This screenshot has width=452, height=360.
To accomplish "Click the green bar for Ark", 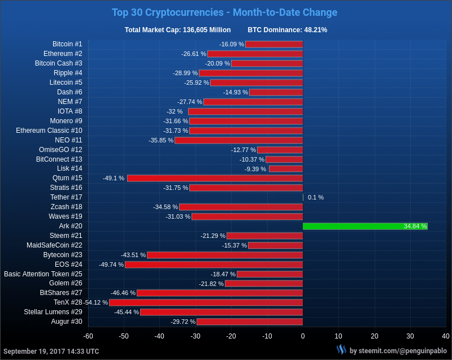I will tap(365, 226).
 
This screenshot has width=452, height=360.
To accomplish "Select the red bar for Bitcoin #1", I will tap(274, 44).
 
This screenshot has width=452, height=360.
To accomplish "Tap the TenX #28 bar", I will tap(206, 302).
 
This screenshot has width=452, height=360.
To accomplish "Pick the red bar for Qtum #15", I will tap(215, 178).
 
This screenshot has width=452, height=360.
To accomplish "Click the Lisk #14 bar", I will tap(285, 168).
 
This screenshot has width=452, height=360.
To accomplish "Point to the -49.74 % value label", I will tap(111, 264).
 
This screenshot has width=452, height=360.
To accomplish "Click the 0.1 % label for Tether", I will tap(316, 197).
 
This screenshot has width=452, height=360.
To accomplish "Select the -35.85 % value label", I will tap(161, 140).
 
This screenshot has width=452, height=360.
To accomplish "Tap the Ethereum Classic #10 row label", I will tap(49, 131).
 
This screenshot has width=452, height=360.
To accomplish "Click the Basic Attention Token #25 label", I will tap(43, 274).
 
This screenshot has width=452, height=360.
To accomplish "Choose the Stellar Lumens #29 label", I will tap(53, 312).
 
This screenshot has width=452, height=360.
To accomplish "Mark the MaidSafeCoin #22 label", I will tap(54, 245).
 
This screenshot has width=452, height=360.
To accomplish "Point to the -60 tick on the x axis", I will tap(88, 336).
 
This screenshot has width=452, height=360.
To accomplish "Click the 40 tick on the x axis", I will tap(446, 336).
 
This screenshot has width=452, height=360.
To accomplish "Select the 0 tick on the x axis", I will tap(303, 336).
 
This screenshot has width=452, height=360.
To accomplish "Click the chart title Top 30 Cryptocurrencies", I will tap(224, 12).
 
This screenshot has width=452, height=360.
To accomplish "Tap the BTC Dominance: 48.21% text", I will tap(287, 30).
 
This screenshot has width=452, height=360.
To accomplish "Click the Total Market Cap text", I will tap(177, 30).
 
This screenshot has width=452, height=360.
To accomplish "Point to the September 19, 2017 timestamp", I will tap(51, 351).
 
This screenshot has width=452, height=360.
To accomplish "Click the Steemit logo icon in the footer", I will tap(341, 350).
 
